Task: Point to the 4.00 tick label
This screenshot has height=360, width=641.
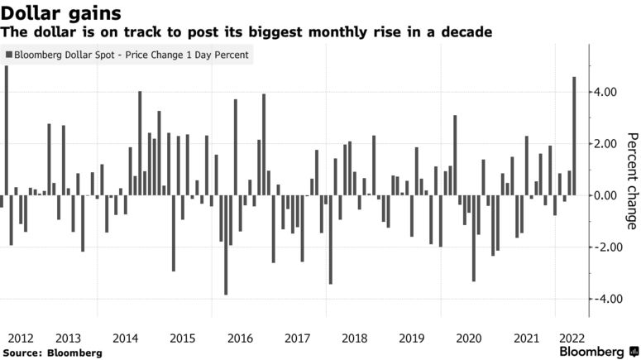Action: click(x=606, y=92)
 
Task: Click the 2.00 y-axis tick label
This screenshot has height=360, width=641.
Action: click(x=606, y=144)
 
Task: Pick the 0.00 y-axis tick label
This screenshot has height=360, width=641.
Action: click(x=606, y=195)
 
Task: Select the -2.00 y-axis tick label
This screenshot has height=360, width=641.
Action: click(x=604, y=247)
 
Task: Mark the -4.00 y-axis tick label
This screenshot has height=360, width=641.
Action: click(x=604, y=299)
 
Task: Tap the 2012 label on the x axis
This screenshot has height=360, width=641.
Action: click(x=19, y=338)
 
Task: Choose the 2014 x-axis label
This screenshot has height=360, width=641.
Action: click(x=125, y=338)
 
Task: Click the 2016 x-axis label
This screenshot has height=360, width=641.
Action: click(x=239, y=338)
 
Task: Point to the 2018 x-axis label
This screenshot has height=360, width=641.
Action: click(x=354, y=338)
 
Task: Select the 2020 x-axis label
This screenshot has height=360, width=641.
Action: click(x=468, y=338)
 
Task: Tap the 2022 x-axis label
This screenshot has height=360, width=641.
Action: click(x=572, y=338)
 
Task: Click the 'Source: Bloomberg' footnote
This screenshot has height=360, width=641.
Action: click(x=52, y=353)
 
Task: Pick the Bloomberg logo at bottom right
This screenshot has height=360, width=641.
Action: click(x=591, y=351)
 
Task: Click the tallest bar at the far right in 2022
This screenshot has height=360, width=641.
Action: click(x=574, y=137)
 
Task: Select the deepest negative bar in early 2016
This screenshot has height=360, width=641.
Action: click(x=226, y=245)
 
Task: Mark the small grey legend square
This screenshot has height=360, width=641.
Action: click(x=9, y=56)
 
